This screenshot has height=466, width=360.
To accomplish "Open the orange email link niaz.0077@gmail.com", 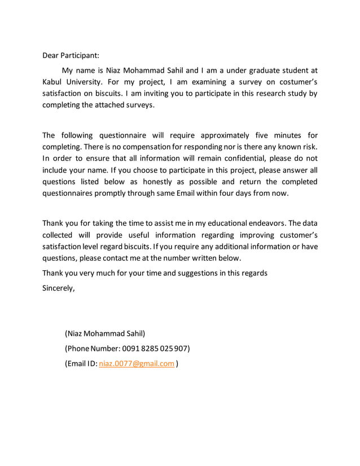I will click(136, 364).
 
